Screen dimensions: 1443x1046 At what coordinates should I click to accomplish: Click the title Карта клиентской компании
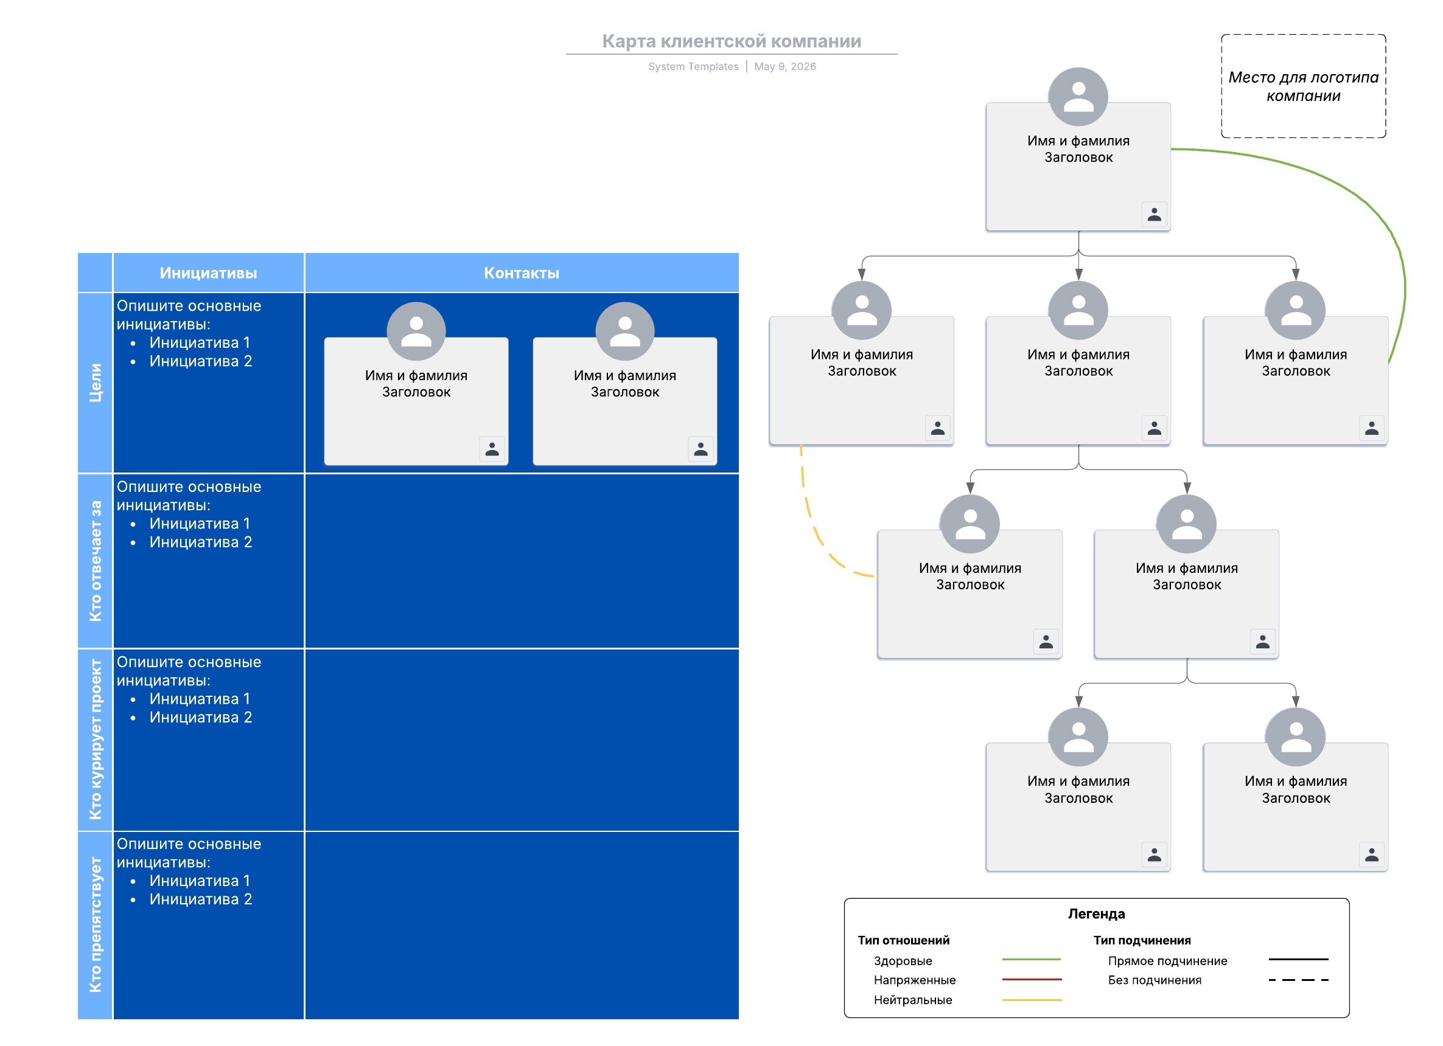click(732, 41)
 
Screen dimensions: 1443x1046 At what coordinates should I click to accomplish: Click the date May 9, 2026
click(785, 67)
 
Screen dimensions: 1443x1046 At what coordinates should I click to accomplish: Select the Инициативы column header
click(209, 273)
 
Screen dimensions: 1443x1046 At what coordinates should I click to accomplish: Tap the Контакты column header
click(522, 273)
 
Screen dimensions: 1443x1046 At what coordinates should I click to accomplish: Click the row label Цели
click(96, 383)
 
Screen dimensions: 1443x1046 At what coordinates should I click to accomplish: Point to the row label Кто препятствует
click(96, 925)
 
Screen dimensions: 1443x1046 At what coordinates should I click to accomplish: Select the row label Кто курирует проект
click(96, 739)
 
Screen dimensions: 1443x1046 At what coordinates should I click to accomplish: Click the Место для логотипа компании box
click(1304, 86)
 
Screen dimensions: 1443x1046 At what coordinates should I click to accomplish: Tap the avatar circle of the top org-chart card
click(1078, 97)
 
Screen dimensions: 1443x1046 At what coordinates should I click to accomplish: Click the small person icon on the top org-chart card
click(1154, 215)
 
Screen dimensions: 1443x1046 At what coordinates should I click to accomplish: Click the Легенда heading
click(1096, 914)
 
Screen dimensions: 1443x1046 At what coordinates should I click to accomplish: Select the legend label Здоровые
click(903, 961)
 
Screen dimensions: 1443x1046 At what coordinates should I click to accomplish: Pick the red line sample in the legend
click(1032, 980)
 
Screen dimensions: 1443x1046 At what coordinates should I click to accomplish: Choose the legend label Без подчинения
click(1155, 980)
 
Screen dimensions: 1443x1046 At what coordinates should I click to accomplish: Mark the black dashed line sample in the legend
click(1299, 980)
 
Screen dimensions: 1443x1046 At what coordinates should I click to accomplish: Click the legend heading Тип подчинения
click(1142, 940)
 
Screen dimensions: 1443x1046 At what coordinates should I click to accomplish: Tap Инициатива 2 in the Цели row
click(200, 361)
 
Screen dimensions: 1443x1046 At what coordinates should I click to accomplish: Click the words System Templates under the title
click(694, 67)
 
